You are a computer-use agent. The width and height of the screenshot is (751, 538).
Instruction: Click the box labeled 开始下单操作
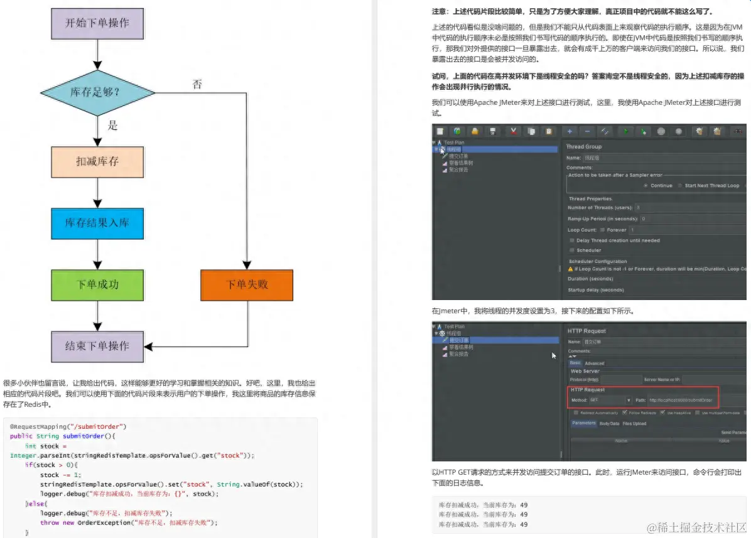(x=97, y=23)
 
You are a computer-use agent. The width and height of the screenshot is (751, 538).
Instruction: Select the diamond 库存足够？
(x=97, y=93)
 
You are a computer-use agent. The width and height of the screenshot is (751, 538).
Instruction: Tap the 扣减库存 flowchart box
(x=97, y=161)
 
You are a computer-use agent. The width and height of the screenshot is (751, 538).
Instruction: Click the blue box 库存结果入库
(x=97, y=223)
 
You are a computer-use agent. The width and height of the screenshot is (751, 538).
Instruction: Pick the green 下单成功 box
(x=97, y=284)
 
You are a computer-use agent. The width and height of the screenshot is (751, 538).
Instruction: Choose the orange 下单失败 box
(x=247, y=284)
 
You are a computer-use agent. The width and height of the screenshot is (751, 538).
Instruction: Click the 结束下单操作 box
(x=97, y=346)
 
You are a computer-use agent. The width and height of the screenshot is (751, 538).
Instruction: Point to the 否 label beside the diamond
(x=197, y=84)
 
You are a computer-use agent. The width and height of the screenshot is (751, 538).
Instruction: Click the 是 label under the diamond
(x=112, y=125)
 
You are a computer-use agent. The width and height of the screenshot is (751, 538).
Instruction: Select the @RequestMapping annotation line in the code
(x=68, y=426)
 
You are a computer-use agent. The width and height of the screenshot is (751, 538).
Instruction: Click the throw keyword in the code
(x=50, y=522)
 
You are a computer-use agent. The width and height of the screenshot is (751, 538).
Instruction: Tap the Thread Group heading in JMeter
(x=584, y=147)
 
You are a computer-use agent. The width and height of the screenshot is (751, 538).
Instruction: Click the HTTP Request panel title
(x=586, y=331)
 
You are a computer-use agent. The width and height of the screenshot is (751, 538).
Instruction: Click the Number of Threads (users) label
(x=599, y=207)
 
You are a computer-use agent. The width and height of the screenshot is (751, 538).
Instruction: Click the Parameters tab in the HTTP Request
(x=583, y=423)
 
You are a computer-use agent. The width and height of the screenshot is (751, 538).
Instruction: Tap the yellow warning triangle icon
(x=570, y=269)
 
